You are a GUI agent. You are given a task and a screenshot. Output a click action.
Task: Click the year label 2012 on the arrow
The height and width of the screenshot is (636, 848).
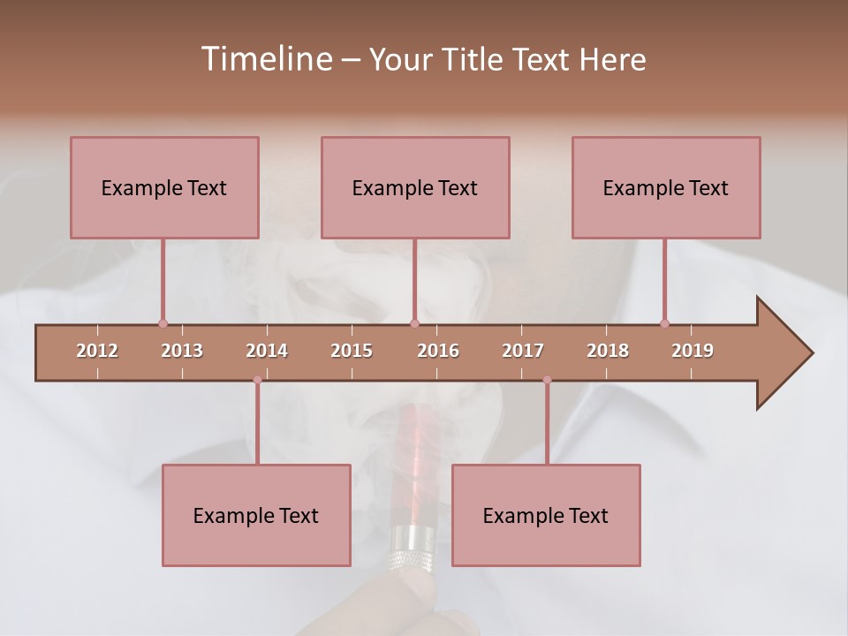pos(97,351)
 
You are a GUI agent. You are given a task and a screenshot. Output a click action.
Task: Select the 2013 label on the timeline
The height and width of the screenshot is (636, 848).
pos(182,351)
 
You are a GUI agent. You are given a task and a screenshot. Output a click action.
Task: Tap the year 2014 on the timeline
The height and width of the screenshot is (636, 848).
pos(267,351)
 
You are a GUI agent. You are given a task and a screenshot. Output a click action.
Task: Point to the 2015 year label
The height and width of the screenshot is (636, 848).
pos(352,351)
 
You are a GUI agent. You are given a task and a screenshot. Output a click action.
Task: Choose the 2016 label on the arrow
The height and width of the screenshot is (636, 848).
pos(438,351)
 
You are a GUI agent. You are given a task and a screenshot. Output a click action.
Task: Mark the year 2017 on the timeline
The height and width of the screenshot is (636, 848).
pos(523,351)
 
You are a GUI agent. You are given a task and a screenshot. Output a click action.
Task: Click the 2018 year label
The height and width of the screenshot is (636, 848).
pos(608,351)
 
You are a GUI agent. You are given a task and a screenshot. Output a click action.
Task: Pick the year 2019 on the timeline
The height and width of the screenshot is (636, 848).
pos(693,351)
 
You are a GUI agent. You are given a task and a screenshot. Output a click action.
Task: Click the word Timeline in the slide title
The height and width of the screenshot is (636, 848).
pos(265,59)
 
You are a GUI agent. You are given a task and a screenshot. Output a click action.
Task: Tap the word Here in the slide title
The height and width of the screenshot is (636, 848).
pos(612,59)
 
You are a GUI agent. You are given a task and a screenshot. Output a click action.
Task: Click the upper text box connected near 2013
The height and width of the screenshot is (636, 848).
pos(164,187)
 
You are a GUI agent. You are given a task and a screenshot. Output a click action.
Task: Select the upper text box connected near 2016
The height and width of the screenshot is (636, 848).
pos(415,187)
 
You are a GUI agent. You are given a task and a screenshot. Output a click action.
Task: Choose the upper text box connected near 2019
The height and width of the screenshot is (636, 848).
pos(666,187)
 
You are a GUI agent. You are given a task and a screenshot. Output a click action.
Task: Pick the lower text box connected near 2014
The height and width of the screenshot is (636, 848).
pos(256,515)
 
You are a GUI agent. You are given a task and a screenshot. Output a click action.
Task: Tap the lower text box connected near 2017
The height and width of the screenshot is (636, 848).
pos(546,515)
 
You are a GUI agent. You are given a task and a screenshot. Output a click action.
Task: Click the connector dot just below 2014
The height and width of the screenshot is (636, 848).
pos(257,380)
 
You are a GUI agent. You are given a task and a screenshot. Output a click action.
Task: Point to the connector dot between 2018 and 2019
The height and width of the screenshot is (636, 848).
pos(664,323)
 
